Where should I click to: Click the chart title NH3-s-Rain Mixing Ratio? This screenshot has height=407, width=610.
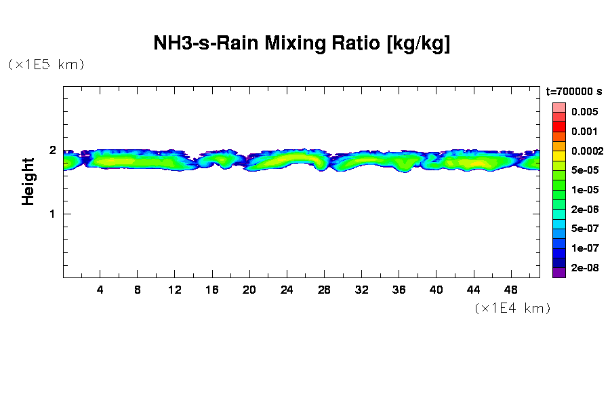tap(302, 44)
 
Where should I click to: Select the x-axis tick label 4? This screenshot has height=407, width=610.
tap(100, 290)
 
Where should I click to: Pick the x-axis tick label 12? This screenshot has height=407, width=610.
tap(175, 290)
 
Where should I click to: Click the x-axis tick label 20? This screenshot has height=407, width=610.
tap(249, 290)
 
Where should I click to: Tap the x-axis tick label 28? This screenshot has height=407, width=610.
tap(324, 290)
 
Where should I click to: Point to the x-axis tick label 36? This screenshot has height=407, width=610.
tap(399, 290)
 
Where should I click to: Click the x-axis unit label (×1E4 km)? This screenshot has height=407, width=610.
tap(512, 309)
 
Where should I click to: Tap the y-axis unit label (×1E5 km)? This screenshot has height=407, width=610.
tap(46, 65)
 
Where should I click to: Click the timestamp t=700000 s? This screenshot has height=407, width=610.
tap(574, 92)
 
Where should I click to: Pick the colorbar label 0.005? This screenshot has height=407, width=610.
tap(584, 112)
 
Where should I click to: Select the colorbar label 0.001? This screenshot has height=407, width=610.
tap(584, 132)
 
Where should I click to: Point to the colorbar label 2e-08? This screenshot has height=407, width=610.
tap(584, 268)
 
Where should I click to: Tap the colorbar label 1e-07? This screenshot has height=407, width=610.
tap(584, 248)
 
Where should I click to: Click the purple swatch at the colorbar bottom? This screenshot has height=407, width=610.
tap(558, 273)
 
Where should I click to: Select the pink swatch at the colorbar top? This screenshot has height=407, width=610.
tap(558, 107)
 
